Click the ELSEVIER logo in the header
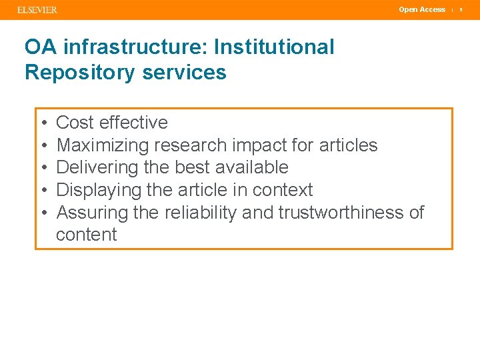click(37, 10)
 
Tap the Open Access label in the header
click(422, 9)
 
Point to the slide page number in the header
click(461, 10)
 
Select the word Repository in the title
click(73, 72)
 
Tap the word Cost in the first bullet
click(75, 123)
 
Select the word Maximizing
click(103, 145)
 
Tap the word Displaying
click(98, 190)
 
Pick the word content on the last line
click(87, 235)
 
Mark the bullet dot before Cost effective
click(43, 123)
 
